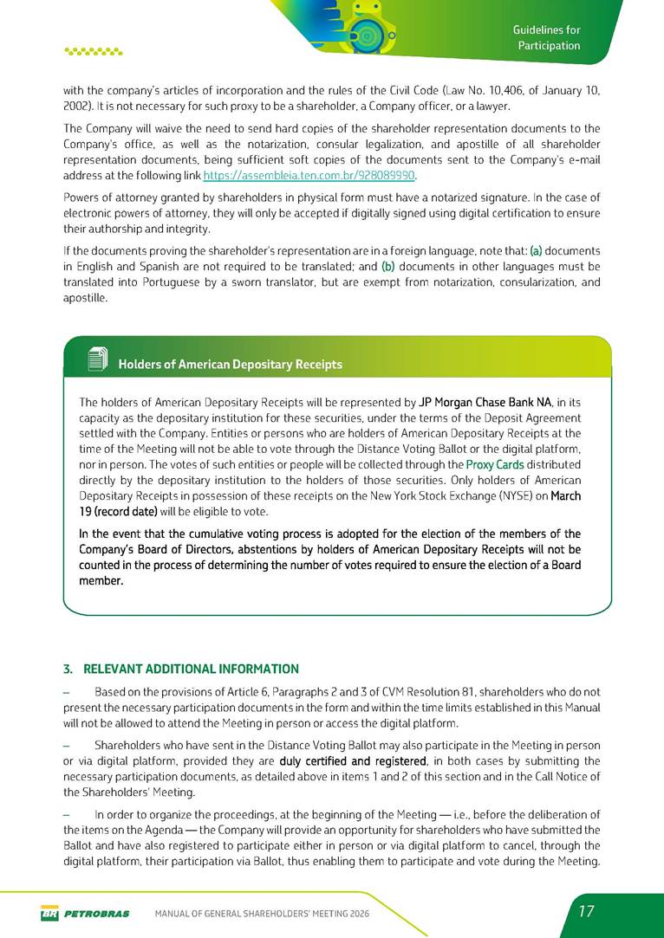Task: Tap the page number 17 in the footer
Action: coord(586,912)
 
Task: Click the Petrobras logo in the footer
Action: coord(84,913)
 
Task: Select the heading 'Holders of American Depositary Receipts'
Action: coord(230,365)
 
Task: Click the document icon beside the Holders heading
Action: coord(97,359)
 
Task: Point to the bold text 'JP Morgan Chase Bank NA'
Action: coord(485,402)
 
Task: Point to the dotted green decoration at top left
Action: coord(94,51)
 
